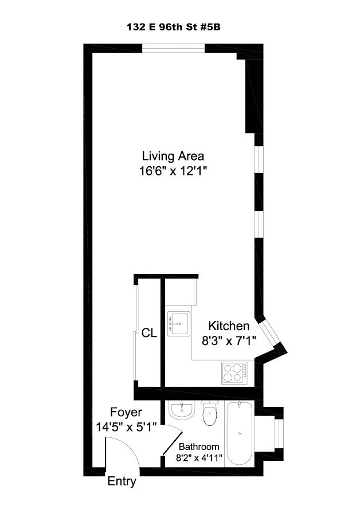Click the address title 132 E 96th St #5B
click(x=174, y=28)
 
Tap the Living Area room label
click(x=173, y=156)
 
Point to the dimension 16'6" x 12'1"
click(x=173, y=171)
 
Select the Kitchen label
click(x=229, y=326)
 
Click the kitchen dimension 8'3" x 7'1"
click(x=229, y=341)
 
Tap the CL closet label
click(x=149, y=333)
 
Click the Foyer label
click(x=126, y=413)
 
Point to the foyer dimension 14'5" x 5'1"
click(x=126, y=427)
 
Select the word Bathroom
click(x=199, y=447)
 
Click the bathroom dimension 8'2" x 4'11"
click(x=199, y=458)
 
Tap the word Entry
click(x=122, y=481)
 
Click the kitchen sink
click(x=178, y=323)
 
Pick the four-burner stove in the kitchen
click(x=234, y=373)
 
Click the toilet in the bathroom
click(x=210, y=413)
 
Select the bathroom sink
click(x=182, y=410)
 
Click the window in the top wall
click(x=174, y=48)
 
